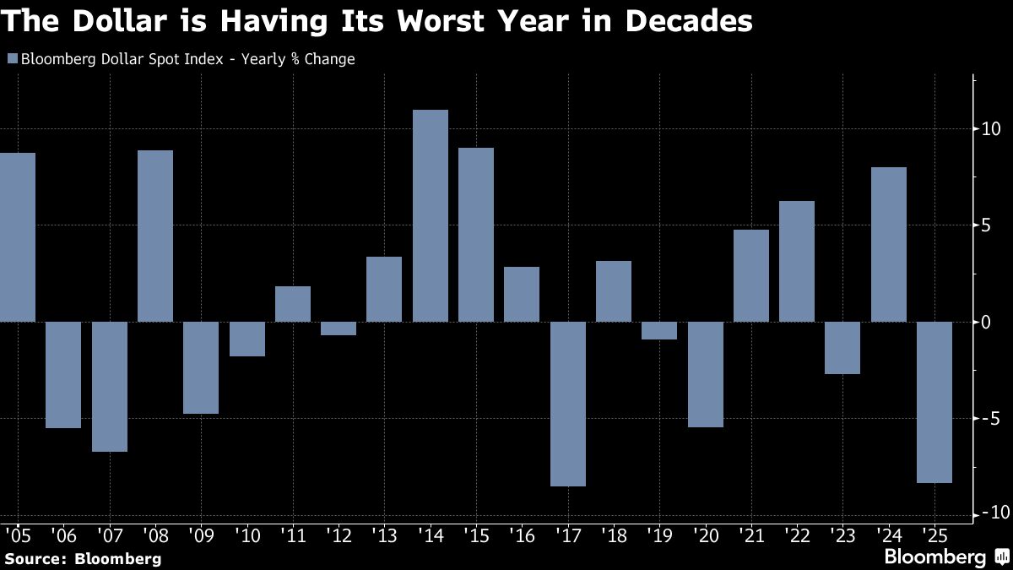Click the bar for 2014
[431, 216]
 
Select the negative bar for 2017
[567, 404]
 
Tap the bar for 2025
[934, 402]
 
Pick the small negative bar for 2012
[339, 328]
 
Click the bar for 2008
[155, 236]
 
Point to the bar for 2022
[797, 262]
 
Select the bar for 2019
[659, 330]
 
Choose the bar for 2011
[293, 304]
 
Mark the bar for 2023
[842, 348]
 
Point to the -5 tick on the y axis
[989, 419]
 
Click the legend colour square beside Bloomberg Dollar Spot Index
[12, 59]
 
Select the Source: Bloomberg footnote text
[83, 558]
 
